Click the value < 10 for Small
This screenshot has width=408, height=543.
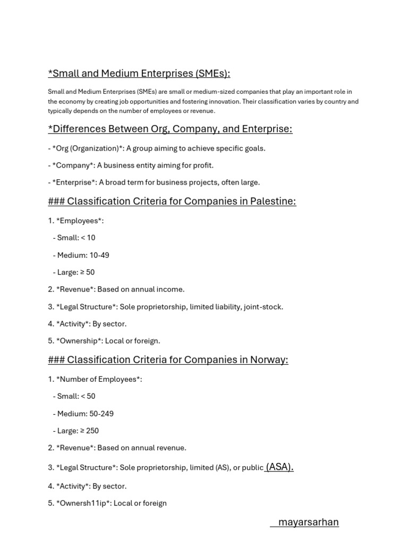coord(88,238)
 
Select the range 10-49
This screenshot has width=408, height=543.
coord(99,255)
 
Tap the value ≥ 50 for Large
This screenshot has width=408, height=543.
coord(86,273)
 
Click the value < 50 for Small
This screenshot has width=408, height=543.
coord(88,397)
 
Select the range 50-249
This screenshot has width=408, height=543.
coord(101,414)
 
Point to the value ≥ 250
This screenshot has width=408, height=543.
coord(88,431)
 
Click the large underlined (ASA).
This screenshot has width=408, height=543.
coord(279,467)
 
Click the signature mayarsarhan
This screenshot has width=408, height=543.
coord(308,522)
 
